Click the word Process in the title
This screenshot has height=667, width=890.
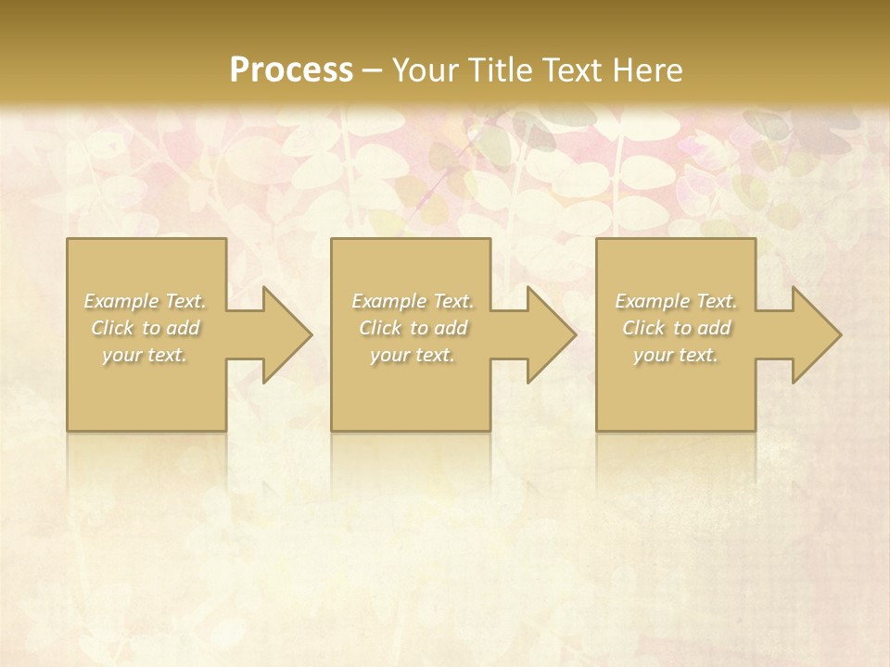pyautogui.click(x=291, y=69)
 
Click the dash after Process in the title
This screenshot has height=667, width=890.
pyautogui.click(x=373, y=70)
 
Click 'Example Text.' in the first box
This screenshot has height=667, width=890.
pyautogui.click(x=146, y=301)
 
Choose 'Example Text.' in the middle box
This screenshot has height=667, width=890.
pyautogui.click(x=413, y=301)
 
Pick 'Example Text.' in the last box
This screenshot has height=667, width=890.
pyautogui.click(x=676, y=301)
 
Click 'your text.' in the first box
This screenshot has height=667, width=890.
pyautogui.click(x=146, y=355)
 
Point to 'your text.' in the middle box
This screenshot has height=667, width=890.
pyautogui.click(x=413, y=355)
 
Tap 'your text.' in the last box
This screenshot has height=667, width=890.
pyautogui.click(x=676, y=355)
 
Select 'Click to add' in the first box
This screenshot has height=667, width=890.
pyautogui.click(x=146, y=328)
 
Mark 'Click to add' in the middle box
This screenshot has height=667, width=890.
pyautogui.click(x=413, y=328)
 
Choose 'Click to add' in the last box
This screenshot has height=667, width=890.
pyautogui.click(x=676, y=328)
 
